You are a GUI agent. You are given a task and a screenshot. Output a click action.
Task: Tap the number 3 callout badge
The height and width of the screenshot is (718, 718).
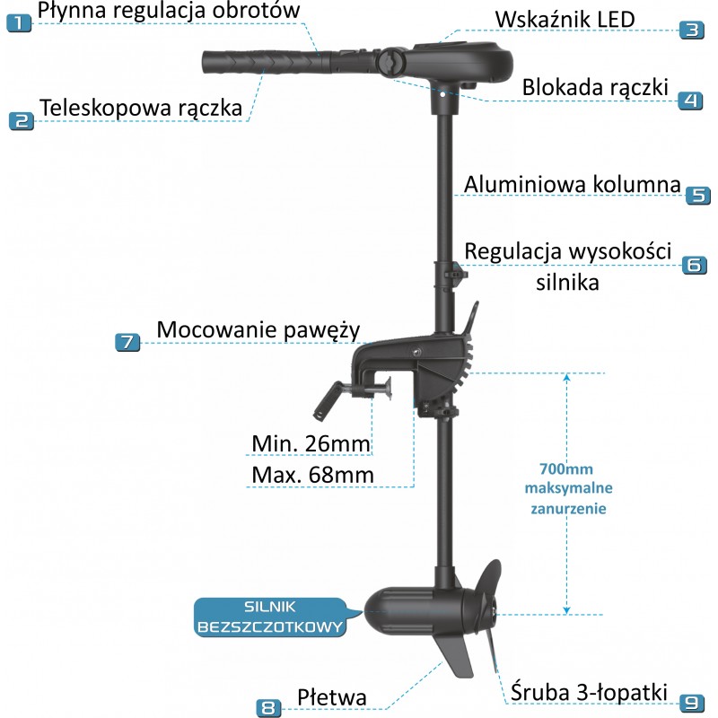[x=690, y=28]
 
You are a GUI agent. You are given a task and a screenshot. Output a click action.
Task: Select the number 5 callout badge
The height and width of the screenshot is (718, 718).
[x=697, y=194]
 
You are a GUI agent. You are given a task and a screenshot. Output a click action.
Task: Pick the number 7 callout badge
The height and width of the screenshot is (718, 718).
[x=127, y=341]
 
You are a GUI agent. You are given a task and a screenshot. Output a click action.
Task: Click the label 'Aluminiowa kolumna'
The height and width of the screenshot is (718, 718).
[x=572, y=184]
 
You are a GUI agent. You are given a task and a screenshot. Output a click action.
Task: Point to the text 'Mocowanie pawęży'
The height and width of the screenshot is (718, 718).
[x=258, y=329]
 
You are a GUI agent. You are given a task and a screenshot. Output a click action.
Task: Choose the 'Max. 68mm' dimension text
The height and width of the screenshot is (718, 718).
[x=311, y=473]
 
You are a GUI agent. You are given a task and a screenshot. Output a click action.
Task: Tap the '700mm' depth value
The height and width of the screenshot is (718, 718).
[x=565, y=469]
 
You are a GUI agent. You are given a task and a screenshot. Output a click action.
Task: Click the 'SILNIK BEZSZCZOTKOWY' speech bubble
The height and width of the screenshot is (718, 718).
[x=270, y=617]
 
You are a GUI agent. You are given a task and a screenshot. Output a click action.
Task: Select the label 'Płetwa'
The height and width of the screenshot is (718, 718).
[x=332, y=697]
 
